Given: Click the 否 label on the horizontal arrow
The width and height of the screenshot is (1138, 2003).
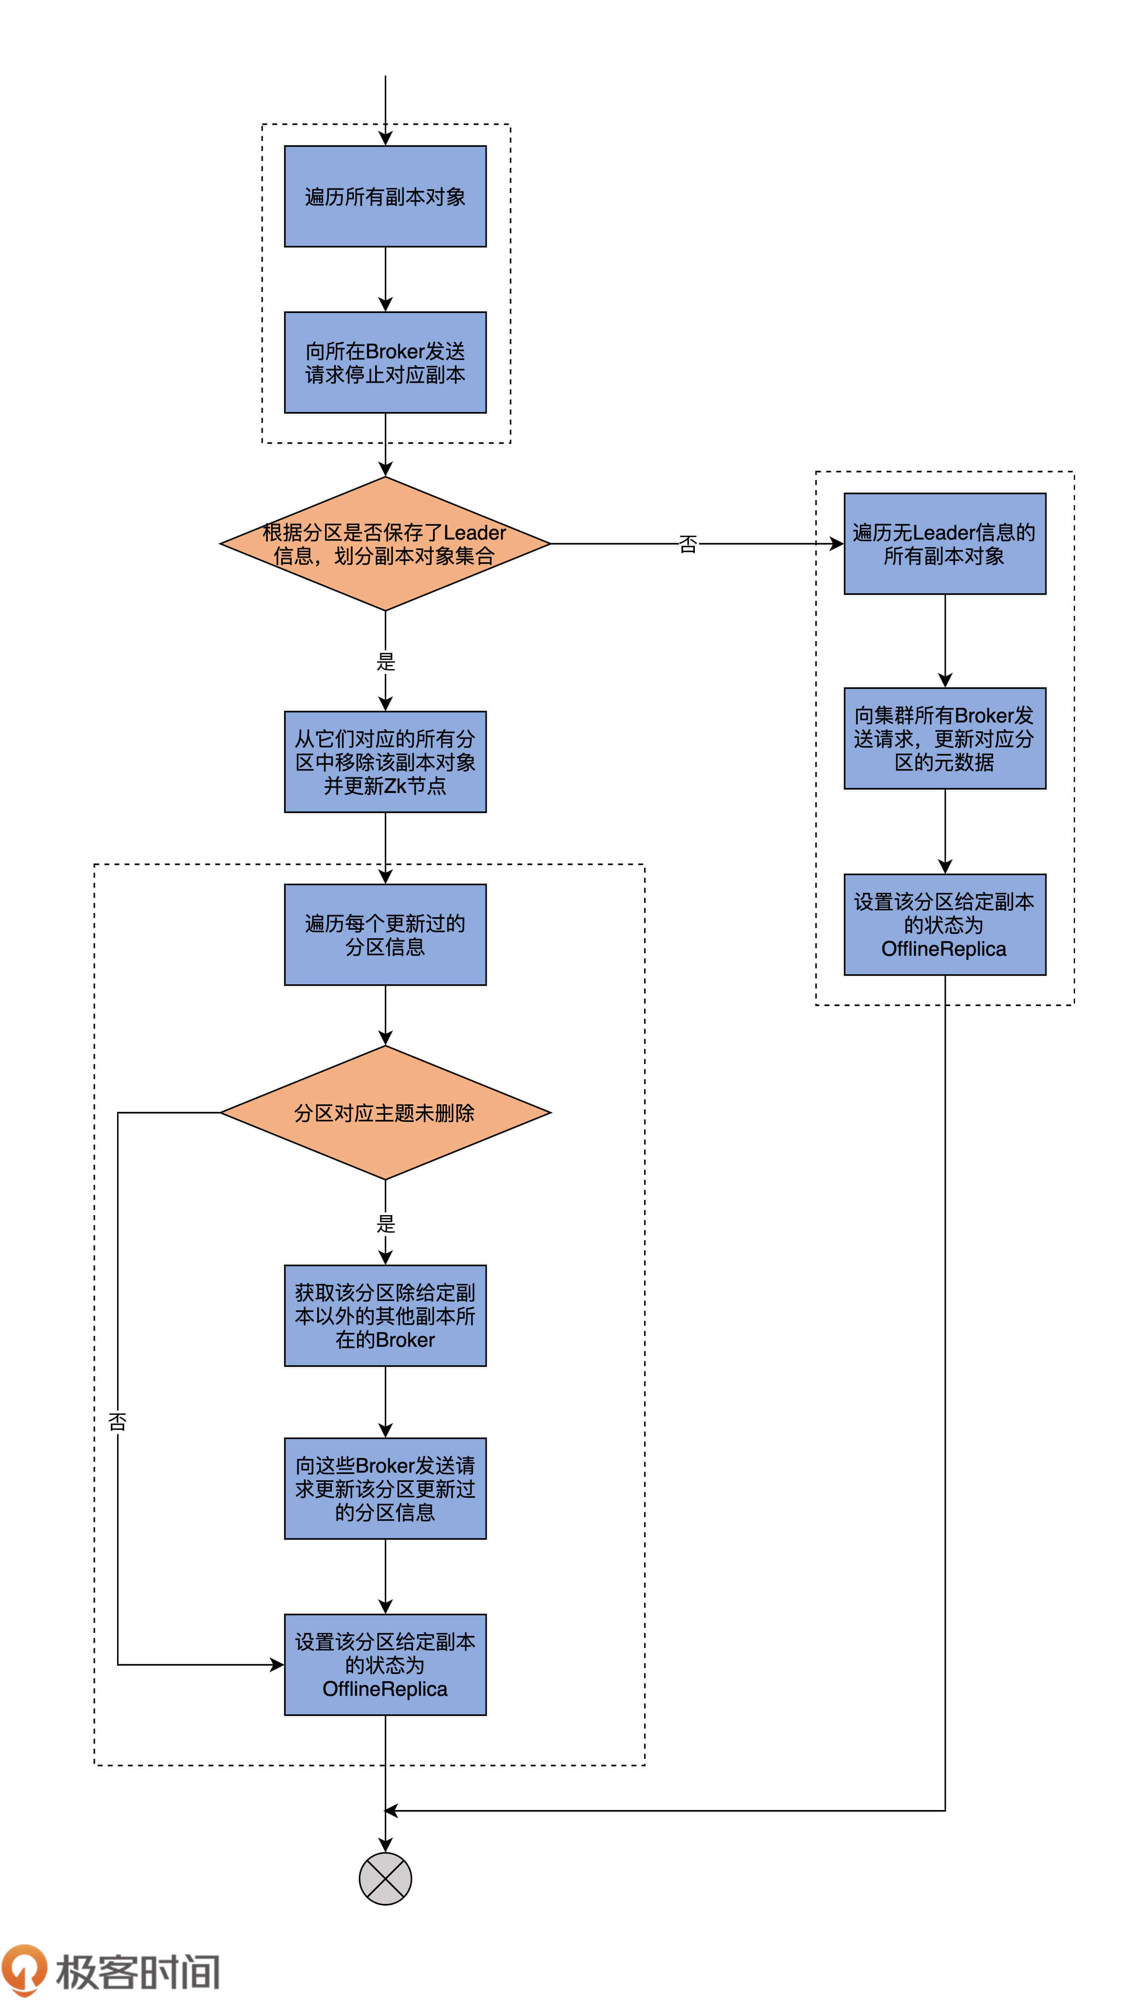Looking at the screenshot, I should tap(688, 544).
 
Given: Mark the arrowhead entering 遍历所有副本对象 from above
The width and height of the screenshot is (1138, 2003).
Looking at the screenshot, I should tap(385, 138).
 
